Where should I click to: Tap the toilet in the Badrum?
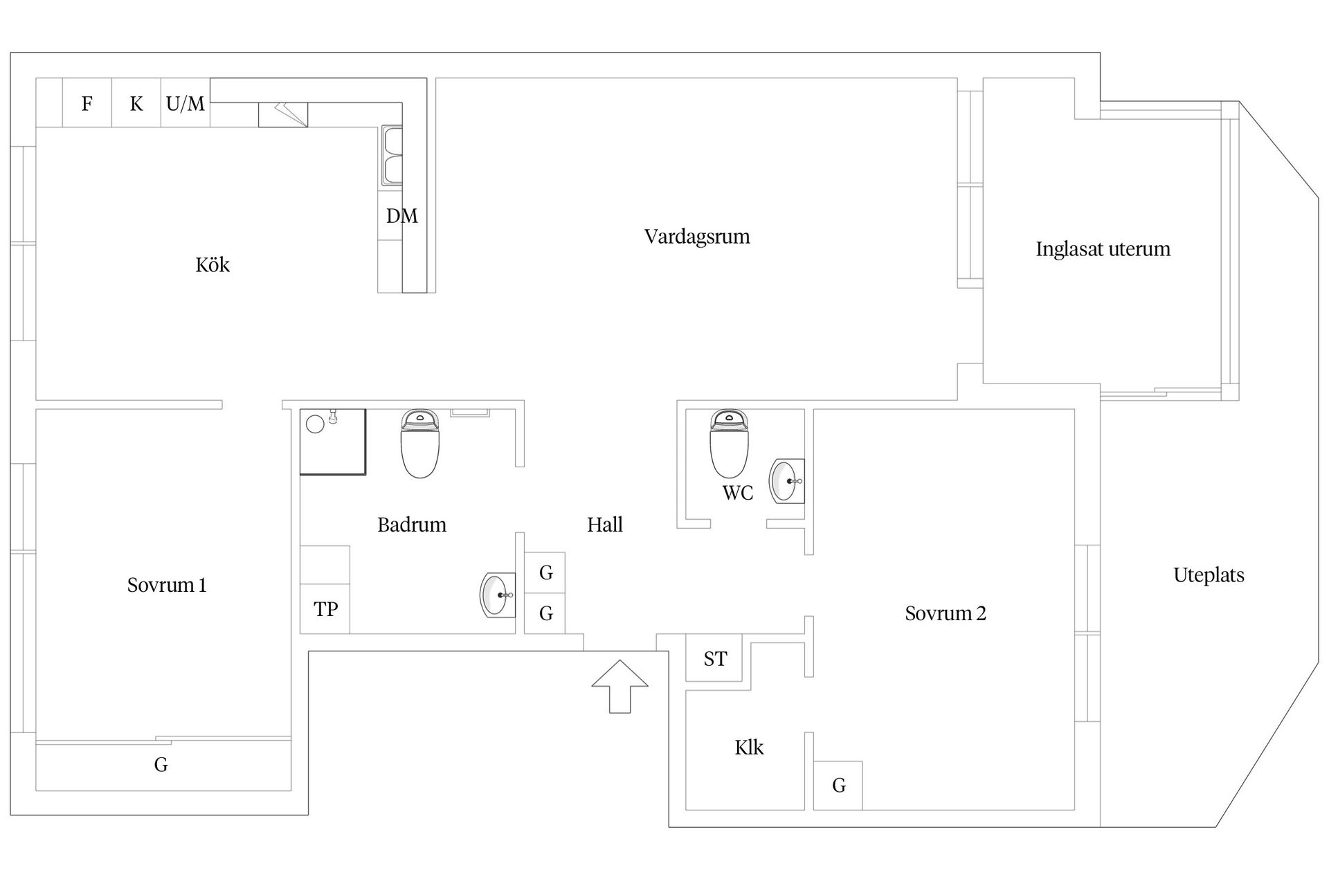coord(420,444)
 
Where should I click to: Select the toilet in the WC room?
coord(729,444)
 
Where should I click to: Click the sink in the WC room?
coord(787,480)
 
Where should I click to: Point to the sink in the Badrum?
coord(498,595)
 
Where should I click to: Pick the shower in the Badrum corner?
coord(332,442)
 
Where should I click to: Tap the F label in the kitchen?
coord(87,104)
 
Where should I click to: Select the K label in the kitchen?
coord(136,104)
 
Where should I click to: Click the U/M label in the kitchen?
coord(186,104)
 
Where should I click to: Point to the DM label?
coord(402,216)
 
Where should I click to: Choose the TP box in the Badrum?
coord(325,608)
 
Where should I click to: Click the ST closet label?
coord(715,659)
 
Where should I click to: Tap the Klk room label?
coord(749,748)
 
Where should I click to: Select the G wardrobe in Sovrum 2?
coord(838,785)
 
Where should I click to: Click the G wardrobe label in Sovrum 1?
coord(161,765)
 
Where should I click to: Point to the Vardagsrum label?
coord(697,237)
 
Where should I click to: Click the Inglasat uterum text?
coord(1103,249)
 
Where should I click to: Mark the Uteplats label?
coord(1209,575)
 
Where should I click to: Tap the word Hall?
coord(605,525)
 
